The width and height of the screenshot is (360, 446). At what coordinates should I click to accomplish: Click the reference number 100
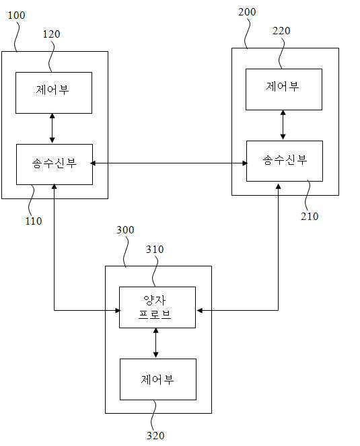point(16,15)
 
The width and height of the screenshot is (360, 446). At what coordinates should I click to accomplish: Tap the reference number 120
point(52,34)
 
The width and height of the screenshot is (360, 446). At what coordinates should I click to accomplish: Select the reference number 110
point(34,221)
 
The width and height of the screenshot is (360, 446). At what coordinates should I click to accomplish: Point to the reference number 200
point(247,12)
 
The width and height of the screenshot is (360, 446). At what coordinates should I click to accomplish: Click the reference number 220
point(281,31)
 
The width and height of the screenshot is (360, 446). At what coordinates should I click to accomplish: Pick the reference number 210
point(310,216)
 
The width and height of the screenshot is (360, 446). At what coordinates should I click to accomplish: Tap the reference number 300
point(125,230)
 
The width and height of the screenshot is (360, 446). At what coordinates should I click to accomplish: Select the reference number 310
point(155,250)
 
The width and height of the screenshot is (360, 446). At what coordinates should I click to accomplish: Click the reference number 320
point(155,435)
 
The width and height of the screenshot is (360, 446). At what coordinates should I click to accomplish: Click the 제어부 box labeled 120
point(54,93)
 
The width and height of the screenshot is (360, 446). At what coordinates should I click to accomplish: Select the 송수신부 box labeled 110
point(55,164)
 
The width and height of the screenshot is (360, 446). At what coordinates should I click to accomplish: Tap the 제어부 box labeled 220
point(284,89)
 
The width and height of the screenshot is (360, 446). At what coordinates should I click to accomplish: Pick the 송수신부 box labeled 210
point(285,161)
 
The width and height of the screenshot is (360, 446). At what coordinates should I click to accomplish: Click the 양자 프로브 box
point(157,307)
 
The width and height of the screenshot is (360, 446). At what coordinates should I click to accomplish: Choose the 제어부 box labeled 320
point(158,379)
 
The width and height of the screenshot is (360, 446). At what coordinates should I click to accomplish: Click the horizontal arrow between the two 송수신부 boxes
point(169,163)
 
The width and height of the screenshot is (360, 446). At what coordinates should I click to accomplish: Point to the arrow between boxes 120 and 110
point(52,128)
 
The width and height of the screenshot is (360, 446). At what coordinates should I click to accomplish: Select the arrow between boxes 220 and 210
point(283,125)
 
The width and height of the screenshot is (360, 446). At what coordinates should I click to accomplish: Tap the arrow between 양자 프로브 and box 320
point(155,343)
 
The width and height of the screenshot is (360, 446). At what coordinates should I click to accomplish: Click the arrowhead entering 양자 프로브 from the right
point(199,310)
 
